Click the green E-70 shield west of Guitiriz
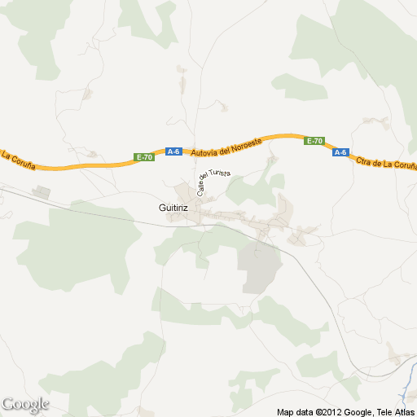145,156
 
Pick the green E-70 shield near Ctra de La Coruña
314,141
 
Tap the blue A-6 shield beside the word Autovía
173,151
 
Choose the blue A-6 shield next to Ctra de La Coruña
340,151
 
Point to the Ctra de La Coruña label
386,162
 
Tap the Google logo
25,404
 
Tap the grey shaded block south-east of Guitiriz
259,266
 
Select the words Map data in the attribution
296,411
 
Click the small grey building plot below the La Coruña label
41,193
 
